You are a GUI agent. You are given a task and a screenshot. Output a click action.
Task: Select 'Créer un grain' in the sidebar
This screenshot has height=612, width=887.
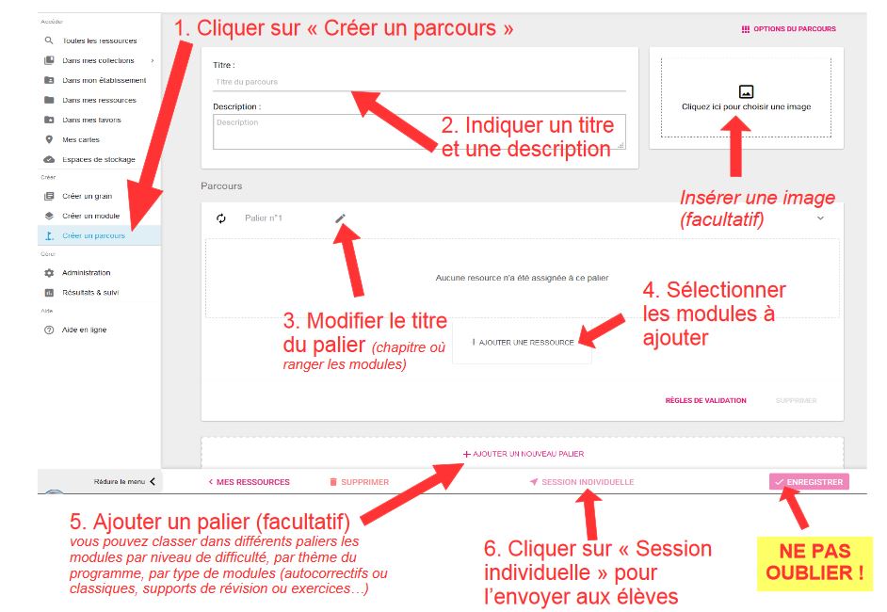coord(88,196)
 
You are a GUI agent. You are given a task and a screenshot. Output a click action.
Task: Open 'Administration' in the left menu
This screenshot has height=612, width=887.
coord(86,273)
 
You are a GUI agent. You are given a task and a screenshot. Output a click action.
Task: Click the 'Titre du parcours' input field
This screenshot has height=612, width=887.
coord(419,82)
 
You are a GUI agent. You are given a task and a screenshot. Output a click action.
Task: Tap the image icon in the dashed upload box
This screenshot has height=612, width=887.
coord(746,91)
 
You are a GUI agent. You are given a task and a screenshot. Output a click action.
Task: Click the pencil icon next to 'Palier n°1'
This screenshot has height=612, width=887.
coord(340,218)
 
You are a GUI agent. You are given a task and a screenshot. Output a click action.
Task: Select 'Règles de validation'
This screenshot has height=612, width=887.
coord(705,400)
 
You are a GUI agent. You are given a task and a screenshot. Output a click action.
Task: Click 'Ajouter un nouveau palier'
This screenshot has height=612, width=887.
coord(524,454)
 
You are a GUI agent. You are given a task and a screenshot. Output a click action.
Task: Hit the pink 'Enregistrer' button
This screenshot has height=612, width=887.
coord(809,482)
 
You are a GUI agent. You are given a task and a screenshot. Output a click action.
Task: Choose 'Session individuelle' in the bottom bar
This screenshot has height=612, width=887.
coord(582,482)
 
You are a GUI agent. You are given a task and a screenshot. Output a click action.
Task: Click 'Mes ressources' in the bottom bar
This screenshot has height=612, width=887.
coord(249,482)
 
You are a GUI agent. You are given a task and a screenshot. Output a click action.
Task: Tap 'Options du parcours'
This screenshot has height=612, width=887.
coord(788,29)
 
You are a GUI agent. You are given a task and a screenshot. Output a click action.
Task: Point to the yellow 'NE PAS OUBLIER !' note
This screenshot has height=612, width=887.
coord(814,563)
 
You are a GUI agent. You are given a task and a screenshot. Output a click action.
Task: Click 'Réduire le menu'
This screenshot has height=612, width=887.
coord(124,482)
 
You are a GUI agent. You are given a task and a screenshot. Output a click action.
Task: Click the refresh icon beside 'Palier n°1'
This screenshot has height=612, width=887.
coord(221,218)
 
